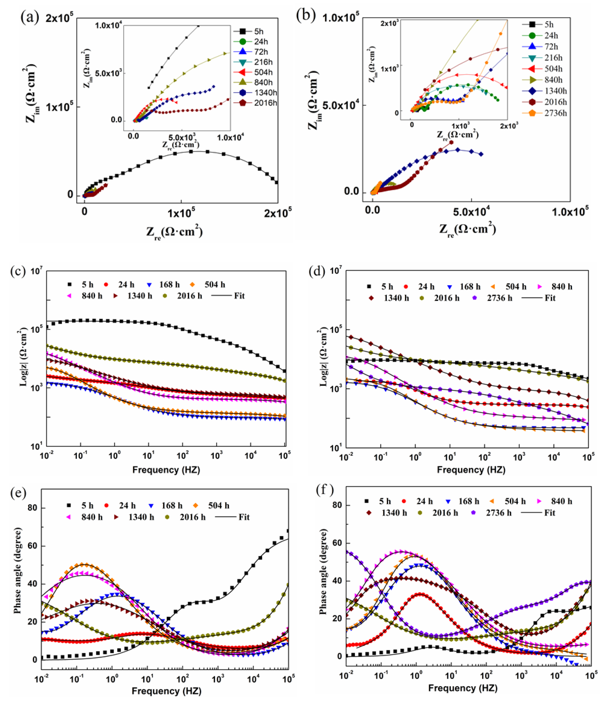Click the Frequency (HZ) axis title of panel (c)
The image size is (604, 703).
[x=166, y=470]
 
